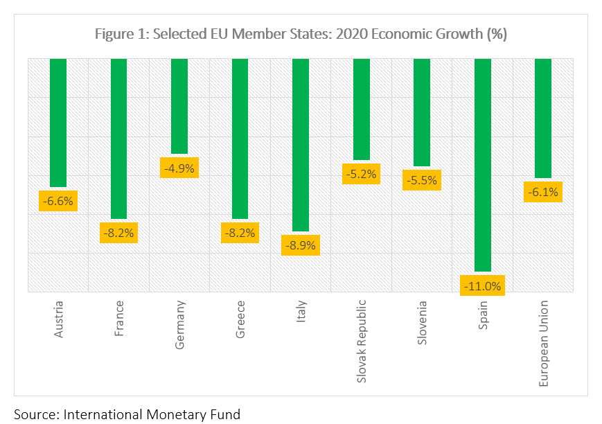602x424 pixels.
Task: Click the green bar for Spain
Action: pos(483,164)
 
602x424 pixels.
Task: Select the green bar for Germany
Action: pos(179,105)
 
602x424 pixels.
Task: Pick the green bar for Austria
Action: pos(58,123)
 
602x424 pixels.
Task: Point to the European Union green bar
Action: pos(543,118)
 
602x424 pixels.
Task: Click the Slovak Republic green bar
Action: pos(362,109)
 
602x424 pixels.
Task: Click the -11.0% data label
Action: pos(483,285)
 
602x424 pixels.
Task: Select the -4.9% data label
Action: pos(179,168)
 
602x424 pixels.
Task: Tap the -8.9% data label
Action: pos(301,245)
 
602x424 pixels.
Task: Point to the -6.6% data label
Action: pos(58,202)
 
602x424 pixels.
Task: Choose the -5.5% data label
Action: pos(422,180)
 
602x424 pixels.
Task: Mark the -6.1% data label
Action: pos(543,192)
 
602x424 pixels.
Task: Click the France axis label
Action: pos(119,318)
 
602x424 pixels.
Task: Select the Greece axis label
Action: pos(240,319)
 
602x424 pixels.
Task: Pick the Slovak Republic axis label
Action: pos(362,342)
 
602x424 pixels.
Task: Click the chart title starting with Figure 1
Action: pos(301,34)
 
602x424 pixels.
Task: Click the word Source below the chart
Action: pos(33,414)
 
